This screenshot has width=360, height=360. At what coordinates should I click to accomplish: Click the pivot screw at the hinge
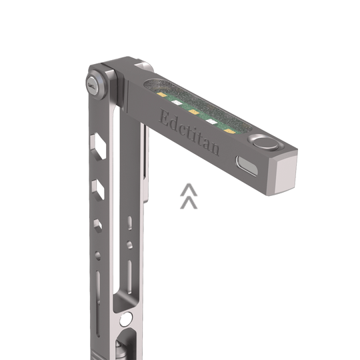(x=92, y=83)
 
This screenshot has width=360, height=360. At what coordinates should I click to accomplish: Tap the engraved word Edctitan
(x=189, y=132)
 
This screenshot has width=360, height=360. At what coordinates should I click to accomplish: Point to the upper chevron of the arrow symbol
(x=189, y=190)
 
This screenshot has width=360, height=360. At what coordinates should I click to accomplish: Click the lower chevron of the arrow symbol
(x=189, y=201)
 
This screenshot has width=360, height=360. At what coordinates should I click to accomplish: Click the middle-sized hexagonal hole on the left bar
(x=97, y=187)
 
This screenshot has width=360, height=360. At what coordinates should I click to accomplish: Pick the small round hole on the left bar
(x=99, y=254)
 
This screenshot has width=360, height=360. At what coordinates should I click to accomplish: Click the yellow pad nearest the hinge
(x=161, y=95)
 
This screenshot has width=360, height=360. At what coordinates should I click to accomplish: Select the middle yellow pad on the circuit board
(x=194, y=112)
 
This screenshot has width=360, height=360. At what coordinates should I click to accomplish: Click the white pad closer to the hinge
(x=177, y=103)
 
